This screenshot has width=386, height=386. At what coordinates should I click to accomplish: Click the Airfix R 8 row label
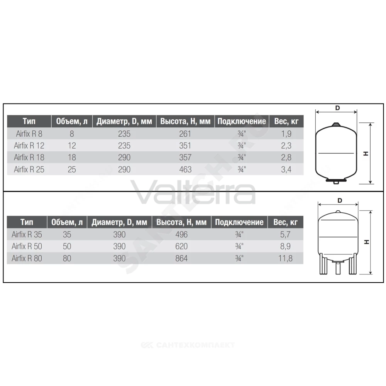29,134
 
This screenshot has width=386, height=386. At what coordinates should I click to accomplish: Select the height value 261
185,134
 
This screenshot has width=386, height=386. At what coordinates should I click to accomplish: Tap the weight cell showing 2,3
286,146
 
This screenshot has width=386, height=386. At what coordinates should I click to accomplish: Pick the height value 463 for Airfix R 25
185,169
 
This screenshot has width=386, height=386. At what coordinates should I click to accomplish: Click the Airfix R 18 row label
29,157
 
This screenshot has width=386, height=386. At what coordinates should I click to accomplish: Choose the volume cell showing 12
72,146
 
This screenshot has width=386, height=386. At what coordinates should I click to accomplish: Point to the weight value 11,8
285,258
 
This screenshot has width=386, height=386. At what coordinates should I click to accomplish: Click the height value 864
181,258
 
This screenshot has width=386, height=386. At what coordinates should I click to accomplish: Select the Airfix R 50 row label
27,246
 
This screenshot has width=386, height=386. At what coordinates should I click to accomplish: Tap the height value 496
181,234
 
